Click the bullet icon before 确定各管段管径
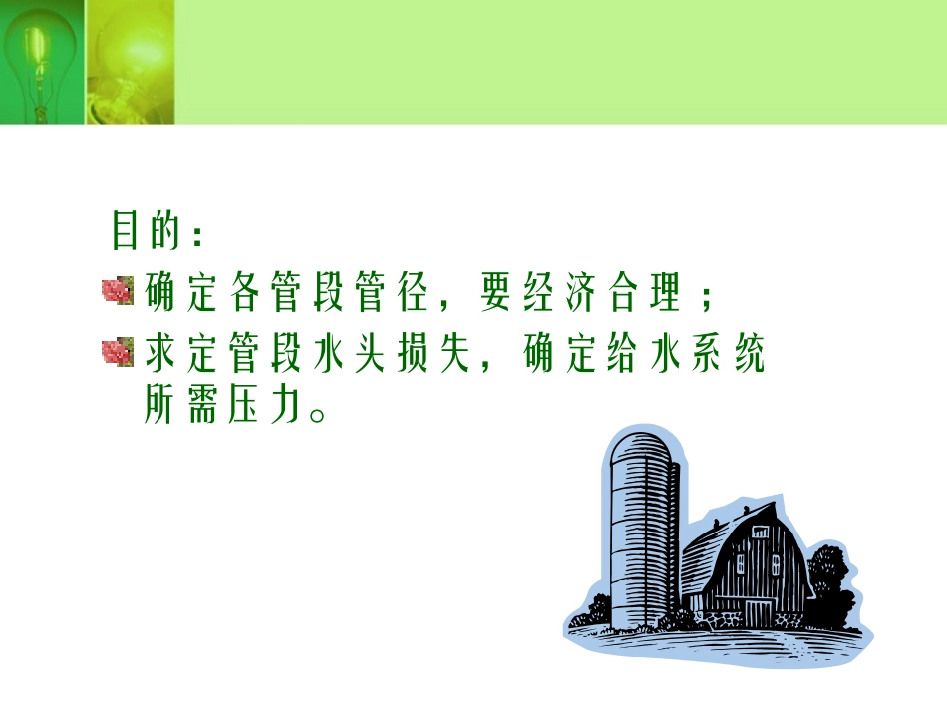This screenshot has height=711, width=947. point(117,292)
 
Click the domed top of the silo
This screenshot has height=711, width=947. point(644,444)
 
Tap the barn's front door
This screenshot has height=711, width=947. point(759,612)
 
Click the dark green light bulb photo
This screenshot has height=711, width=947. point(41,62)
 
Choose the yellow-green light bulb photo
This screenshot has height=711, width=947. point(130,62)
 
